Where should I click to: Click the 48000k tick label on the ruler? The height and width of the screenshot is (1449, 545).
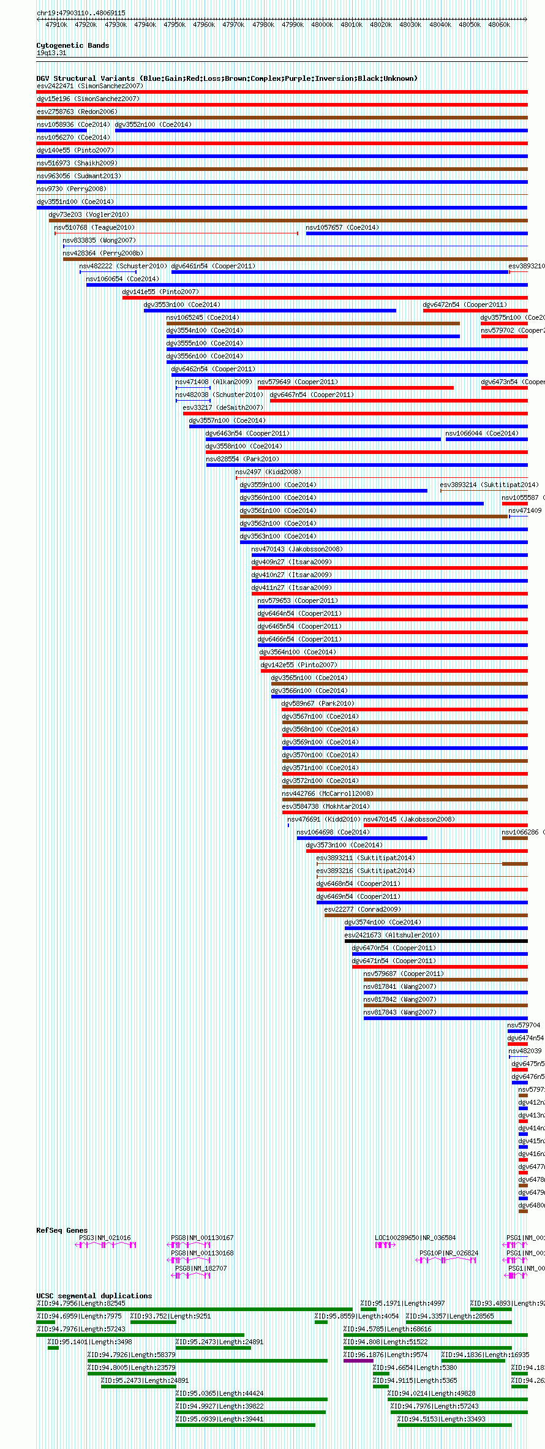coord(321,25)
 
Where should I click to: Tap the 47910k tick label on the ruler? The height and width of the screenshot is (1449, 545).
coord(56,25)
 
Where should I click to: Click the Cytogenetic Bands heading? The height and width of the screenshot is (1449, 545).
coord(72,45)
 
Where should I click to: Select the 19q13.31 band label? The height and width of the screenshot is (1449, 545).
coord(51,53)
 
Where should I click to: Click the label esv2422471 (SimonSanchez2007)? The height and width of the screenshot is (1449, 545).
coord(89,86)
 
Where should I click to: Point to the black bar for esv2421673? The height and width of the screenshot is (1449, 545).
coord(435,941)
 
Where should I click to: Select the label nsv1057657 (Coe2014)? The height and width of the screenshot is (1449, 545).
coord(342,227)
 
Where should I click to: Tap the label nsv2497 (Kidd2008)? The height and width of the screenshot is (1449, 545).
coord(268,472)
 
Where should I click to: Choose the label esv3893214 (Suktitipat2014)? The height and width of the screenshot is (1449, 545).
coord(489,485)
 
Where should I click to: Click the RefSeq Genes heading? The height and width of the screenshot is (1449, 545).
coord(62,1230)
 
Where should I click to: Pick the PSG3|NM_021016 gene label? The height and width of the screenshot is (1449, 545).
coord(105,1238)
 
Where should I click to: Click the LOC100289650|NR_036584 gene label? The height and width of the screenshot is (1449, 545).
coord(415,1238)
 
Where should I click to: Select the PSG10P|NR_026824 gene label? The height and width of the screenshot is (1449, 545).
coord(449,1253)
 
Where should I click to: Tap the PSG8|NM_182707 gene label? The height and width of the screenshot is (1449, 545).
coord(201,1268)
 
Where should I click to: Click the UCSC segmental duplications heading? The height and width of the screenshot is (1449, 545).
coord(94,1296)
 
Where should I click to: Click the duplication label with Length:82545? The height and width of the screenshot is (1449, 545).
coord(81,1303)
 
